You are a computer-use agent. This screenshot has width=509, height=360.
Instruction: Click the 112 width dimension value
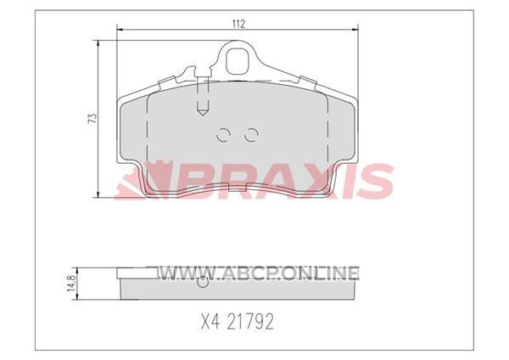click(238, 24)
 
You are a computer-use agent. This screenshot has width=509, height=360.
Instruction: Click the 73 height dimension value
click(92, 118)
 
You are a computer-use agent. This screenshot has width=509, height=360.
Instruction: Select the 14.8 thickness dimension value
click(71, 283)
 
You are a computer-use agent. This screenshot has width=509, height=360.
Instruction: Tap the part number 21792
click(250, 322)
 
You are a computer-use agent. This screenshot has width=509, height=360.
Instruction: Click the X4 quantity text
click(210, 322)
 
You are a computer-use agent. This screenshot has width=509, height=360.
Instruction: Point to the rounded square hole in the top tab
click(238, 61)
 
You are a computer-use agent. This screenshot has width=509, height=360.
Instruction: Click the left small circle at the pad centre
click(223, 134)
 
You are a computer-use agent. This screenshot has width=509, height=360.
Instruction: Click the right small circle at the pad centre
click(251, 134)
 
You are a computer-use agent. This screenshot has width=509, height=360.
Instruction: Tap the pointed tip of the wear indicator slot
click(203, 115)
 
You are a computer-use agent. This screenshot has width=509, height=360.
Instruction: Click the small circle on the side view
click(203, 284)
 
